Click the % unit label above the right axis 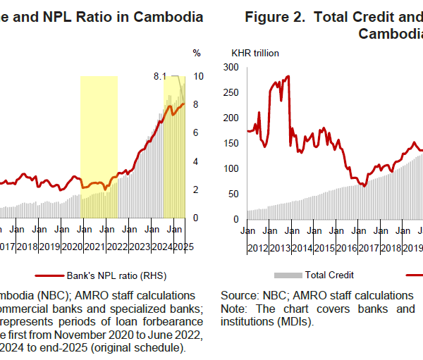[197, 53]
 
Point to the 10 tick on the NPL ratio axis [199, 75]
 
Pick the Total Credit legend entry [329, 275]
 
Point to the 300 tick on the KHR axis [231, 67]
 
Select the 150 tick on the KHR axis [231, 143]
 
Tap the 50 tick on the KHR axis [234, 194]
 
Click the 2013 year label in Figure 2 [280, 247]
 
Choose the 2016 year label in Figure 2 [346, 247]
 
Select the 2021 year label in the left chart [93, 247]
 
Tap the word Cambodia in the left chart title [169, 16]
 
